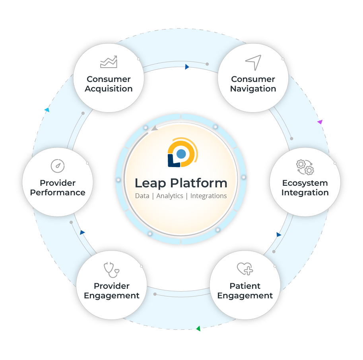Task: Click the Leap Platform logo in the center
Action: (x=181, y=153)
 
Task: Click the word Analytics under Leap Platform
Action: (x=170, y=196)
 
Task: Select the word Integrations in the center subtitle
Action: (x=208, y=196)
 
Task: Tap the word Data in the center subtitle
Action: (x=142, y=196)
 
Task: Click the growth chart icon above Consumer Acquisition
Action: (x=109, y=62)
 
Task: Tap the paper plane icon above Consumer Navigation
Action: (x=253, y=63)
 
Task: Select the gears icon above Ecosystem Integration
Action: (x=305, y=167)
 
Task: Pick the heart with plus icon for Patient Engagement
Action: (x=245, y=269)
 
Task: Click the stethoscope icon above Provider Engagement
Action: (x=111, y=270)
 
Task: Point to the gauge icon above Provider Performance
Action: (x=58, y=166)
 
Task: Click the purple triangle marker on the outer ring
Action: (x=320, y=122)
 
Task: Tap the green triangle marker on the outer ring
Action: (x=198, y=329)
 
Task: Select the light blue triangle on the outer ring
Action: (x=47, y=110)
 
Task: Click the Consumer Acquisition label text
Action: (x=109, y=84)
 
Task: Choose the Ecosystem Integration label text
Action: (x=305, y=188)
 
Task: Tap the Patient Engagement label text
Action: (x=245, y=291)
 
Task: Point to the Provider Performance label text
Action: (x=58, y=188)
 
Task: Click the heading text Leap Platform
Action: (x=181, y=183)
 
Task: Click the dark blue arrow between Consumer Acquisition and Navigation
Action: (x=187, y=67)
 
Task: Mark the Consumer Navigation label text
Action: (x=253, y=84)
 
